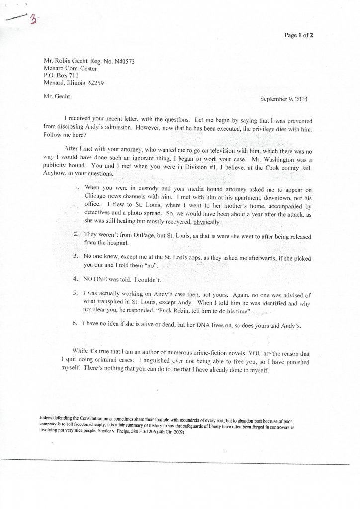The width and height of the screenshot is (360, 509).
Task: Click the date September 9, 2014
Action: [284, 98]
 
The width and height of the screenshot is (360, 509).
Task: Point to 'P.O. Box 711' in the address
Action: [63, 76]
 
